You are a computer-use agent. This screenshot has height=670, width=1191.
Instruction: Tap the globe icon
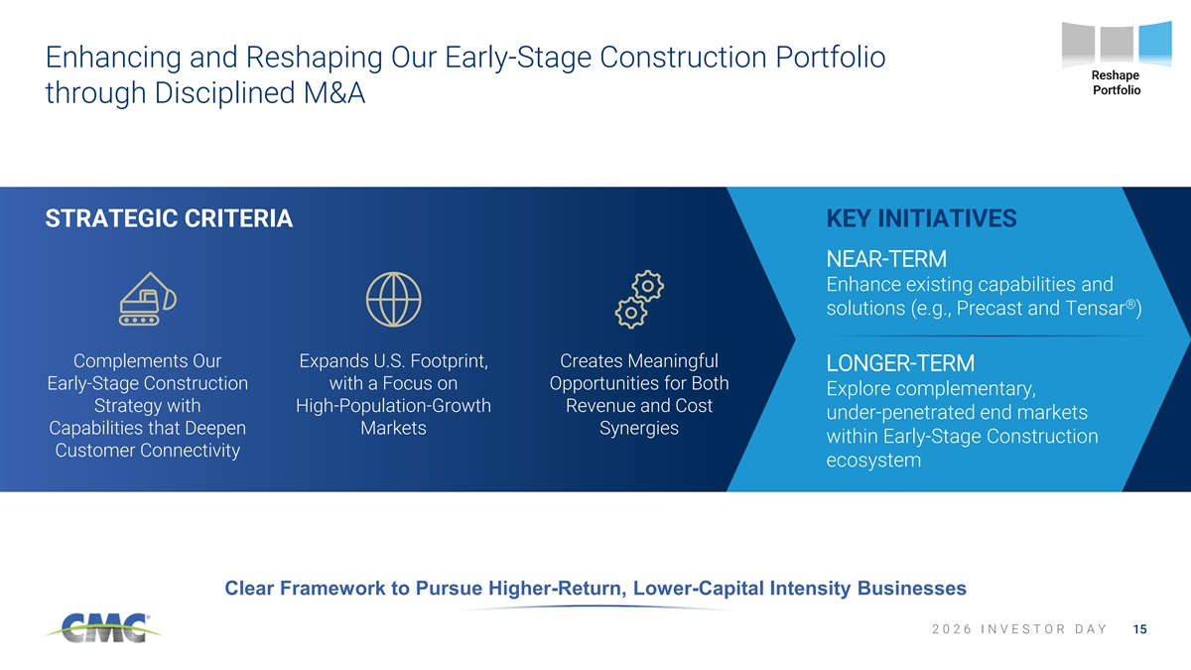coord(393,300)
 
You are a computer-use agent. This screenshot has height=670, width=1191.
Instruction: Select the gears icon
coord(639,300)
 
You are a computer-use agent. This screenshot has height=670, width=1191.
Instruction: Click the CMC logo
coord(103,627)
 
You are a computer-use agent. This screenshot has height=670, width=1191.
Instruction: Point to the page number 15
coord(1140,629)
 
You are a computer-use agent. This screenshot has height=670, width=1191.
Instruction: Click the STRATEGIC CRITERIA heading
coord(169,218)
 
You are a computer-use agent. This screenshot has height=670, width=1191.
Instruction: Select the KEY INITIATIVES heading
coord(921,218)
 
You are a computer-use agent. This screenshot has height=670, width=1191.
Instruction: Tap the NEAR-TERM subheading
coord(886,259)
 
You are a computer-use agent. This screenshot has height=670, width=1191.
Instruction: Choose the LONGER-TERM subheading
coord(900,363)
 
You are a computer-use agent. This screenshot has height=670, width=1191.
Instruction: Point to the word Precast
coord(990,308)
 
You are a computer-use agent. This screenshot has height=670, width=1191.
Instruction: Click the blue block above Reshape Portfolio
coord(1155,43)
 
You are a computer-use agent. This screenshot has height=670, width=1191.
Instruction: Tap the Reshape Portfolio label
coord(1116,83)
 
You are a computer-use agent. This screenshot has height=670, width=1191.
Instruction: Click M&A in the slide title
coord(333,93)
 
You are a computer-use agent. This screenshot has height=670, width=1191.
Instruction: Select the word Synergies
coord(639,429)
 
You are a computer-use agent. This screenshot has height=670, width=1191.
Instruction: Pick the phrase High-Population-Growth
coord(393,406)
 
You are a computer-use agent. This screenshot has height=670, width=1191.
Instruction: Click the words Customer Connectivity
coord(147,451)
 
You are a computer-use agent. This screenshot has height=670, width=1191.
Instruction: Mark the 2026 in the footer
coord(952,629)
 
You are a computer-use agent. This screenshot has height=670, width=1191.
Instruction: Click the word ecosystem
coord(873,461)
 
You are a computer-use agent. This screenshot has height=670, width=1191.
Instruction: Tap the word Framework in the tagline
coord(332,588)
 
